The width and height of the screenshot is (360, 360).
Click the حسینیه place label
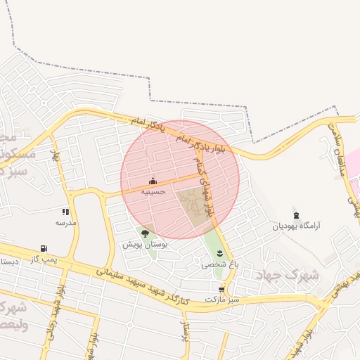(153, 191)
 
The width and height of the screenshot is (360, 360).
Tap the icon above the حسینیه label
(153, 181)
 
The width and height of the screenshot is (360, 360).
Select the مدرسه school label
(65, 221)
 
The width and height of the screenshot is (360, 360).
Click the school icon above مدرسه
(65, 212)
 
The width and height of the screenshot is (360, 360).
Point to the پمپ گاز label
(44, 259)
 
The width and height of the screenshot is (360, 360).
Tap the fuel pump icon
(44, 248)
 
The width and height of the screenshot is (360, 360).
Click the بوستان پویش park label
(144, 244)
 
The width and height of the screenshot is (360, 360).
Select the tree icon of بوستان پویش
(145, 233)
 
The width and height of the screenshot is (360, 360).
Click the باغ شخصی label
(220, 264)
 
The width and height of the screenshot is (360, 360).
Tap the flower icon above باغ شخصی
(220, 254)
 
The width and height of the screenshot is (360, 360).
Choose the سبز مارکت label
(222, 299)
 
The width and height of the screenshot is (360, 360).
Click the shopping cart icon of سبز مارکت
(222, 289)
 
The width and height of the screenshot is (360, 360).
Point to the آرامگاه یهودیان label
(297, 226)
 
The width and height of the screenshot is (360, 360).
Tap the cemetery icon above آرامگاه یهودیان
(296, 215)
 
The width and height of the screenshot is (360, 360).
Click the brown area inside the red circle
(193, 207)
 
